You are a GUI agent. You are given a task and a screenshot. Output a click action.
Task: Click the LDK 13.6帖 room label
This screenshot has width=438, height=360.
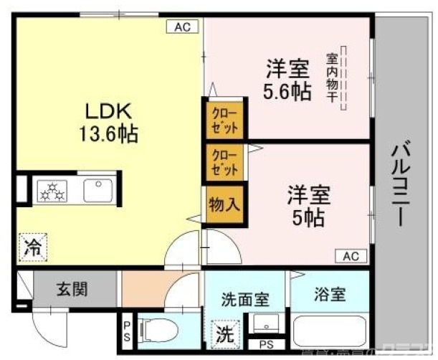tap(109, 122)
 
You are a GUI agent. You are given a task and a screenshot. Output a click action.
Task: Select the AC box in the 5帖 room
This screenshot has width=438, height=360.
tap(351, 256)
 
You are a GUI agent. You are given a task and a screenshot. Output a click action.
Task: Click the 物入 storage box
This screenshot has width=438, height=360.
tap(224, 204)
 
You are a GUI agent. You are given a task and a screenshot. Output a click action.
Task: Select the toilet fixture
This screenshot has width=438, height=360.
tap(158, 331)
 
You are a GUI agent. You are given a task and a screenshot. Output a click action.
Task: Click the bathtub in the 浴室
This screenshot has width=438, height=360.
tap(330, 331)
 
